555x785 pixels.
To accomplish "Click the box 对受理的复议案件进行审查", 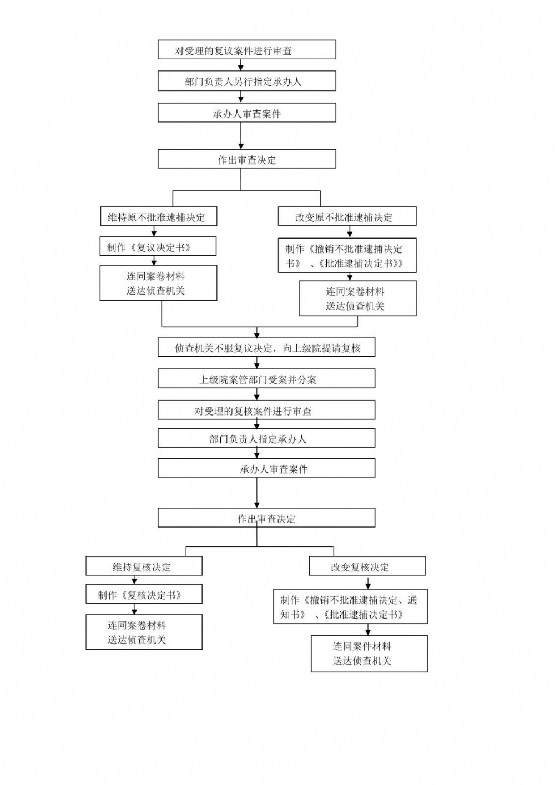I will tap(246, 50).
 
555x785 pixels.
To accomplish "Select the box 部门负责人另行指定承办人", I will tap(246, 81).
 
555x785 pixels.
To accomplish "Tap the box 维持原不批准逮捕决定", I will tap(158, 217).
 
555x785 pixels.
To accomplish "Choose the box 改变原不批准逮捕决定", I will tap(347, 217).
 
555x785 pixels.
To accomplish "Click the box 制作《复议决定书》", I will tap(158, 247).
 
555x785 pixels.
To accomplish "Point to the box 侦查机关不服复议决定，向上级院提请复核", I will tap(266, 348).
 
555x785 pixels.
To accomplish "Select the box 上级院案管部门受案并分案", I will tap(266, 379).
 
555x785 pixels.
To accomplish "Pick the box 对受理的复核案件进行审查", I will tap(266, 411).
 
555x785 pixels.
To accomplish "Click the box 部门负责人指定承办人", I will tap(266, 438).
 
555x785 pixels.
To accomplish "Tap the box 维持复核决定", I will tap(144, 566).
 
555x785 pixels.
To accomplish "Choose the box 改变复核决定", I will tap(367, 566).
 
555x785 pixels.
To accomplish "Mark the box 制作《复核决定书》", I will tap(144, 595).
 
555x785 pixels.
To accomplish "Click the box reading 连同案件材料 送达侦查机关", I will tap(369, 654).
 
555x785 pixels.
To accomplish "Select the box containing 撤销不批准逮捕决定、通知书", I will tap(350, 607).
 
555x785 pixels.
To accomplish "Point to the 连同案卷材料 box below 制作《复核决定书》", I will tap(144, 632).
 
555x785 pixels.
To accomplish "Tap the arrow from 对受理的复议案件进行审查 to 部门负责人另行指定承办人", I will tap(241, 65).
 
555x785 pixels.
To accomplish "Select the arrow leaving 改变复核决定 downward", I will tap(368, 583).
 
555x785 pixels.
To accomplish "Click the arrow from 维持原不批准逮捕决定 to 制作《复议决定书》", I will tap(154, 231).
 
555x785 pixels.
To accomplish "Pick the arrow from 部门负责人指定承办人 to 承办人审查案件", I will tap(256, 453).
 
